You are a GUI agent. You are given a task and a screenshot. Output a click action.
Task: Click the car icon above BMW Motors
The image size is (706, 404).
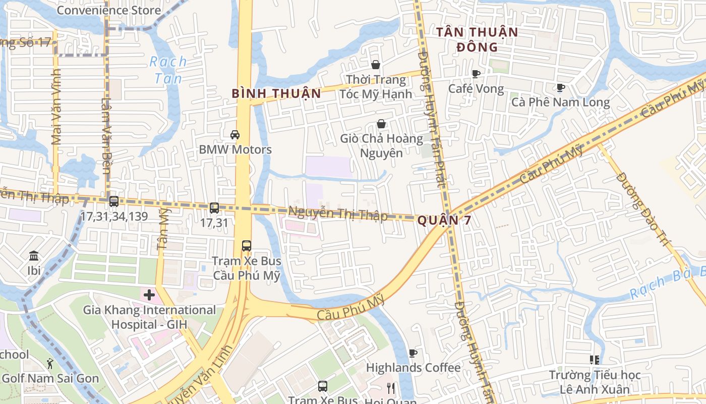pyautogui.click(x=235, y=134)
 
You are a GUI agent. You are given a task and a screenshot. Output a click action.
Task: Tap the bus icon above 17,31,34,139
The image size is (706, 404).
pyautogui.click(x=114, y=201)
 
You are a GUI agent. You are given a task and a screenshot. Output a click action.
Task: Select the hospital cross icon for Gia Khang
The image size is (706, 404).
pyautogui.click(x=149, y=294)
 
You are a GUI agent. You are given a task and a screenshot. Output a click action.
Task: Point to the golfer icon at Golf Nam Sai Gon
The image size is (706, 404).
pyautogui.click(x=49, y=363)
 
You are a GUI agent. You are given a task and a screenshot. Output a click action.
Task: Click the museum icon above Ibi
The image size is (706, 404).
pyautogui.click(x=34, y=256)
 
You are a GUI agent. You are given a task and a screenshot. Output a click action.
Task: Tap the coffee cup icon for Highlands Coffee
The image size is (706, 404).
pyautogui.click(x=413, y=353)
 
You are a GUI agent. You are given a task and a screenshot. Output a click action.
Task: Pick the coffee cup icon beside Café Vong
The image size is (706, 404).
pyautogui.click(x=476, y=74)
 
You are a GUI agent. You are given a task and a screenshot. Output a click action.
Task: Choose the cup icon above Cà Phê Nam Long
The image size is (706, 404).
pyautogui.click(x=560, y=87)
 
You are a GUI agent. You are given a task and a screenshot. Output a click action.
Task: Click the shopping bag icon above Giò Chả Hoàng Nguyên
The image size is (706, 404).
pyautogui.click(x=381, y=124)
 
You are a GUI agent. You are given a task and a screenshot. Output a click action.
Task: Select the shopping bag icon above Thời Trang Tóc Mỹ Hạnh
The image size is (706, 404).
pyautogui.click(x=376, y=65)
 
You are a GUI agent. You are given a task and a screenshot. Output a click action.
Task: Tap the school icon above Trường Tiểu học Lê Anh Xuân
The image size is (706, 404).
pyautogui.click(x=595, y=360)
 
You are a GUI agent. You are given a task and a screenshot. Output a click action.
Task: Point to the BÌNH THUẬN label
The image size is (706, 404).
pyautogui.click(x=276, y=93)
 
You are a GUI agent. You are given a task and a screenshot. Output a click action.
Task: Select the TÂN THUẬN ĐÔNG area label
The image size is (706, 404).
pyautogui.click(x=477, y=39)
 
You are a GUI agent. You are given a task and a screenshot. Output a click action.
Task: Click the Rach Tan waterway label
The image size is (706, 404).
pyautogui.click(x=168, y=70)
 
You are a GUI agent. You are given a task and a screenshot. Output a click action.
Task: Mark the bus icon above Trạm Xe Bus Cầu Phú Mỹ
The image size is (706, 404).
pyautogui.click(x=247, y=246)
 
